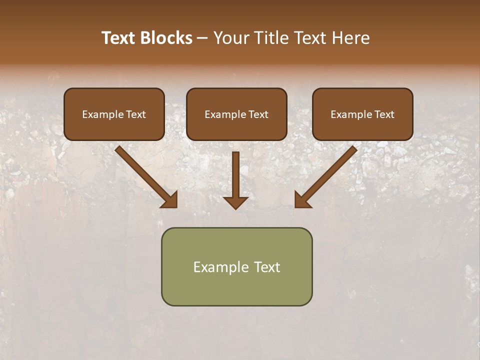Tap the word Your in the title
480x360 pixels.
click(231, 38)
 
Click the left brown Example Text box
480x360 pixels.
click(114, 114)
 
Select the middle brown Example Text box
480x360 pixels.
click(236, 114)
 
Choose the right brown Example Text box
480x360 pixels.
click(362, 114)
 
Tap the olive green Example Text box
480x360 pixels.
click(236, 266)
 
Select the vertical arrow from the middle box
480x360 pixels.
click(235, 175)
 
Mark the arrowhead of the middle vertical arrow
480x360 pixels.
click(235, 202)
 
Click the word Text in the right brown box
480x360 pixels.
click(384, 114)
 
